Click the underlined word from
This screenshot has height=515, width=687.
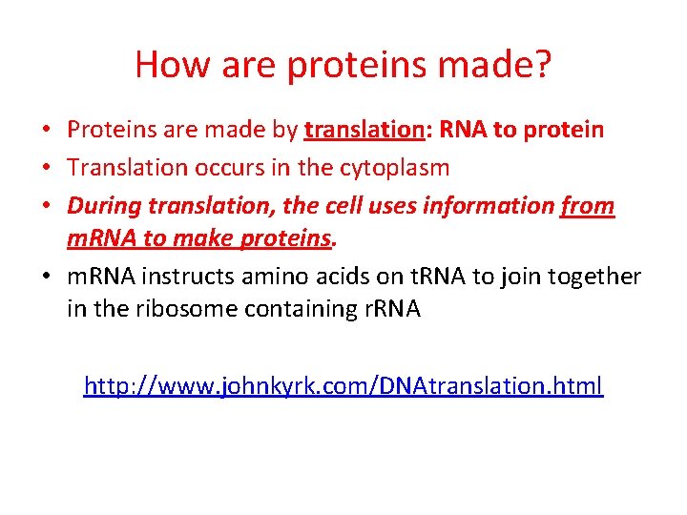click(589, 206)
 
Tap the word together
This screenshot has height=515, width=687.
click(593, 277)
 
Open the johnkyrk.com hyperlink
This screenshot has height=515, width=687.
click(343, 386)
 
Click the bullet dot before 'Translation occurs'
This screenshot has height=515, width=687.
click(48, 169)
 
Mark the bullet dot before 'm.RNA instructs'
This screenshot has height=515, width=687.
click(48, 278)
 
